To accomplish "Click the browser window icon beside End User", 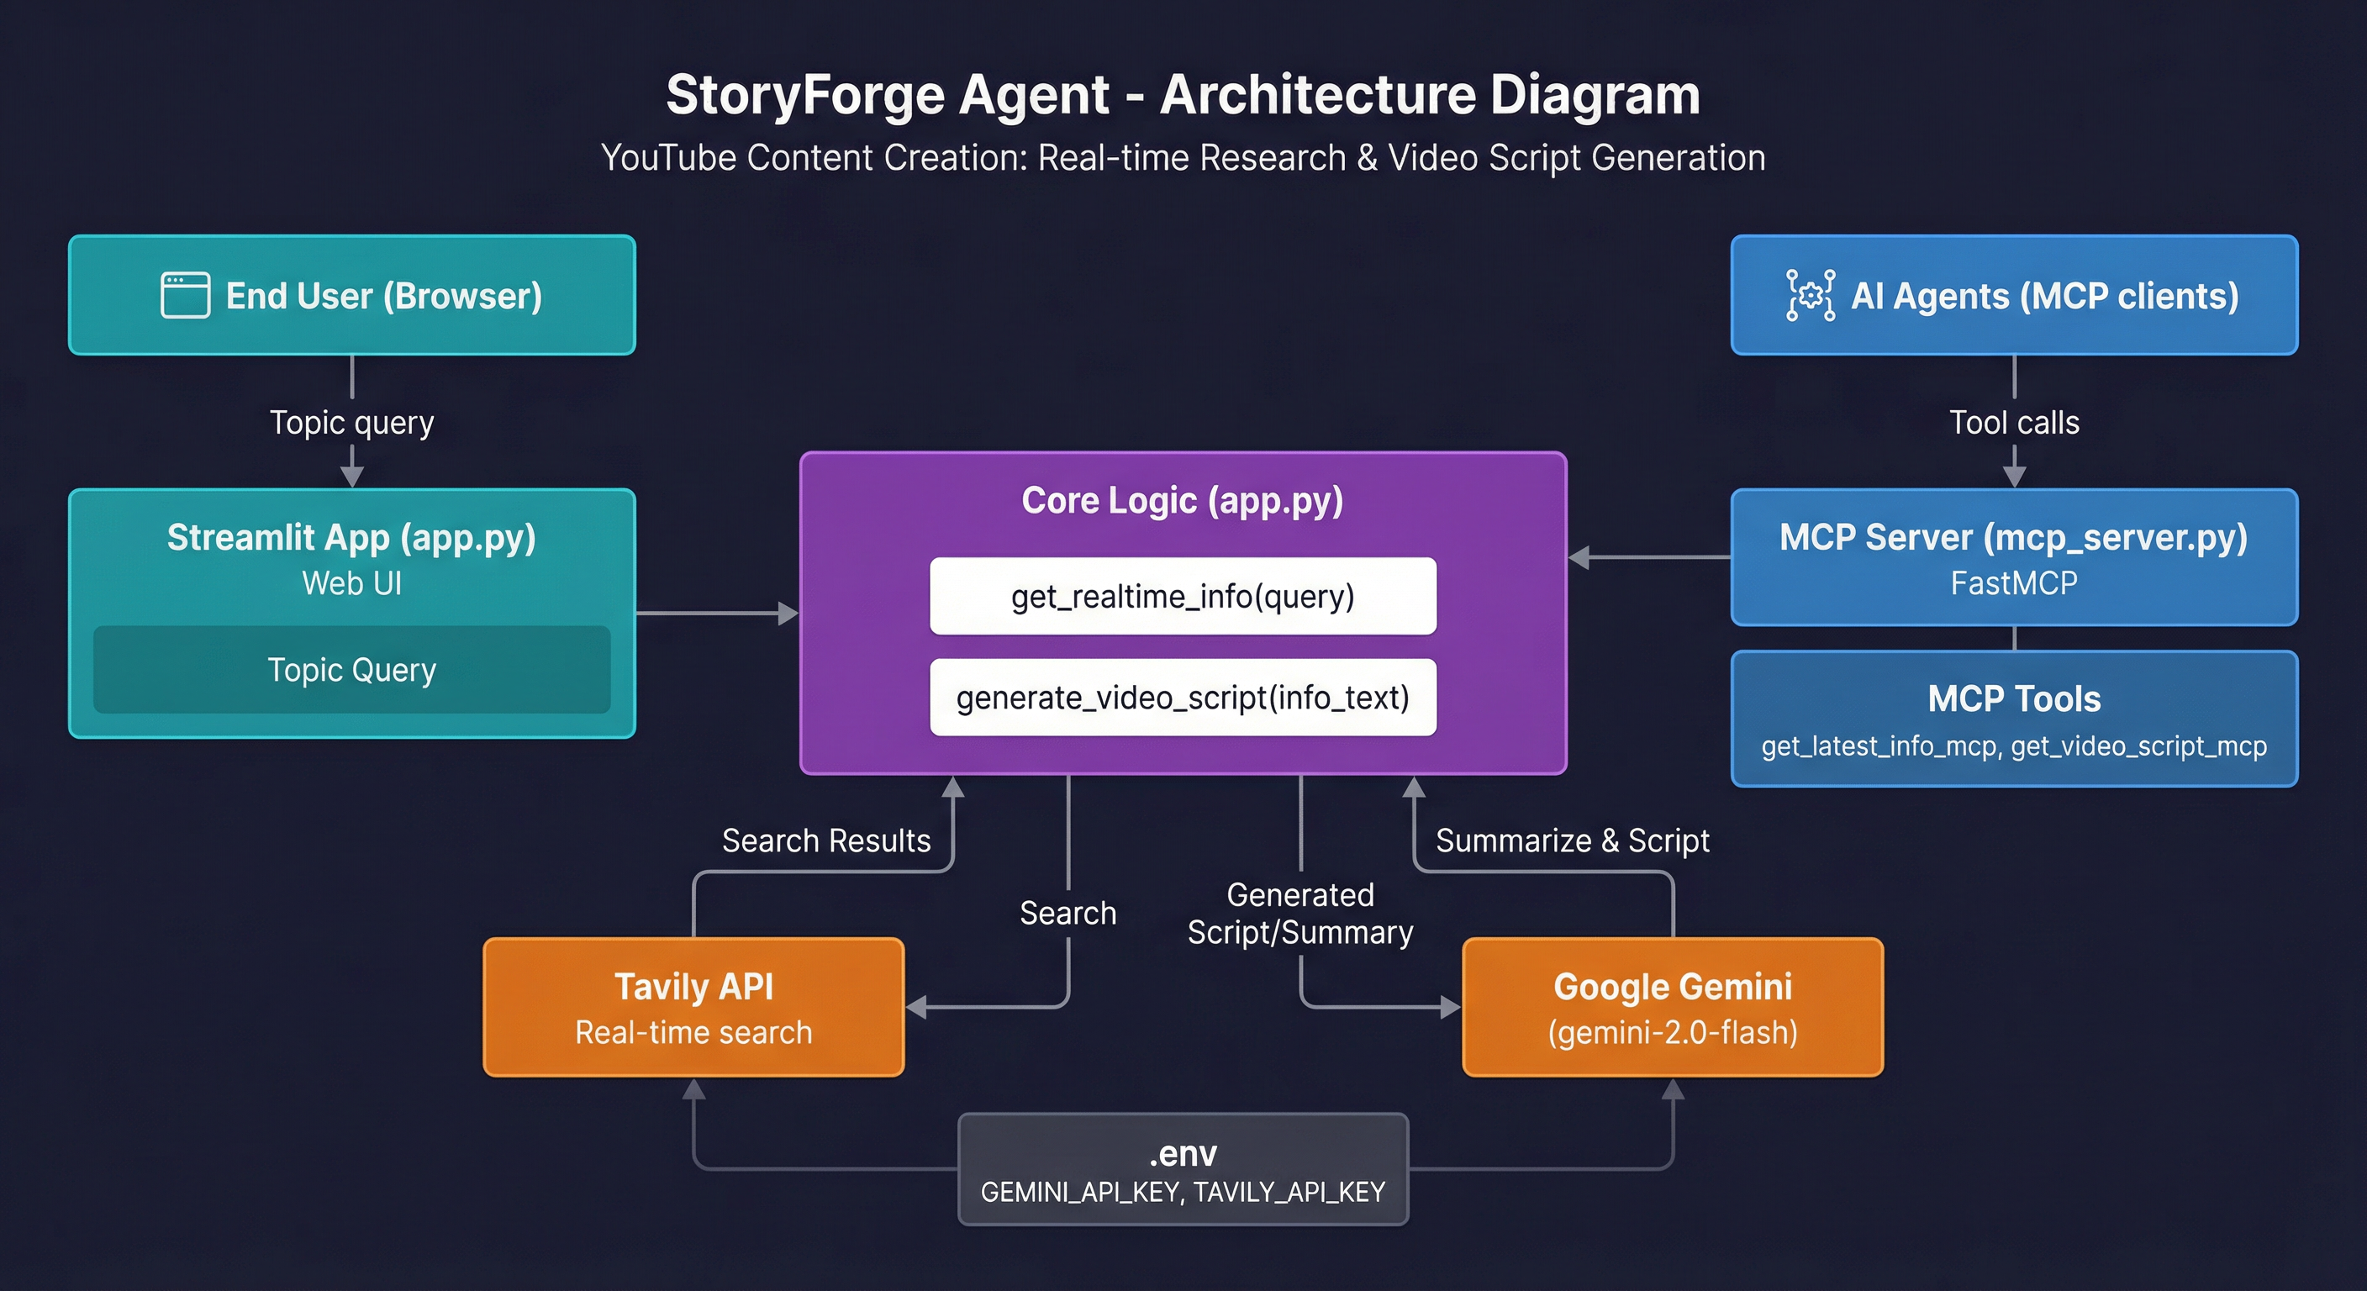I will (x=185, y=295).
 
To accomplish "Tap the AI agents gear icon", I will (x=1811, y=295).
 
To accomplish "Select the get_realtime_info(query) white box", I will (x=1183, y=597).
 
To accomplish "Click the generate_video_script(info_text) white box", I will (x=1183, y=698).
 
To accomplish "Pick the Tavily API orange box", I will (x=693, y=1007).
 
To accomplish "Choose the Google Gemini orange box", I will (x=1673, y=1007).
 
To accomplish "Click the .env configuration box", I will (x=1183, y=1169).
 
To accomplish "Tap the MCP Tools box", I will (x=2014, y=719).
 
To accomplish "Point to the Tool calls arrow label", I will (x=2014, y=423).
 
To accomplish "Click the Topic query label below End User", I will (x=351, y=423).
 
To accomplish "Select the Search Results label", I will (x=826, y=840).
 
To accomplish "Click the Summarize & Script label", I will (x=1572, y=840).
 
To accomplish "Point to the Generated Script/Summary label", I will (x=1300, y=914).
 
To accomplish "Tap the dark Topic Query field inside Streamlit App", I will (x=351, y=670).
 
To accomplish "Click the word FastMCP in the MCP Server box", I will (x=2014, y=583).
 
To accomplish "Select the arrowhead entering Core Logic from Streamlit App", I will (x=788, y=613).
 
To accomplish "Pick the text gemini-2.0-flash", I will (x=1673, y=1033).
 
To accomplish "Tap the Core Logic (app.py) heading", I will (x=1183, y=501).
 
